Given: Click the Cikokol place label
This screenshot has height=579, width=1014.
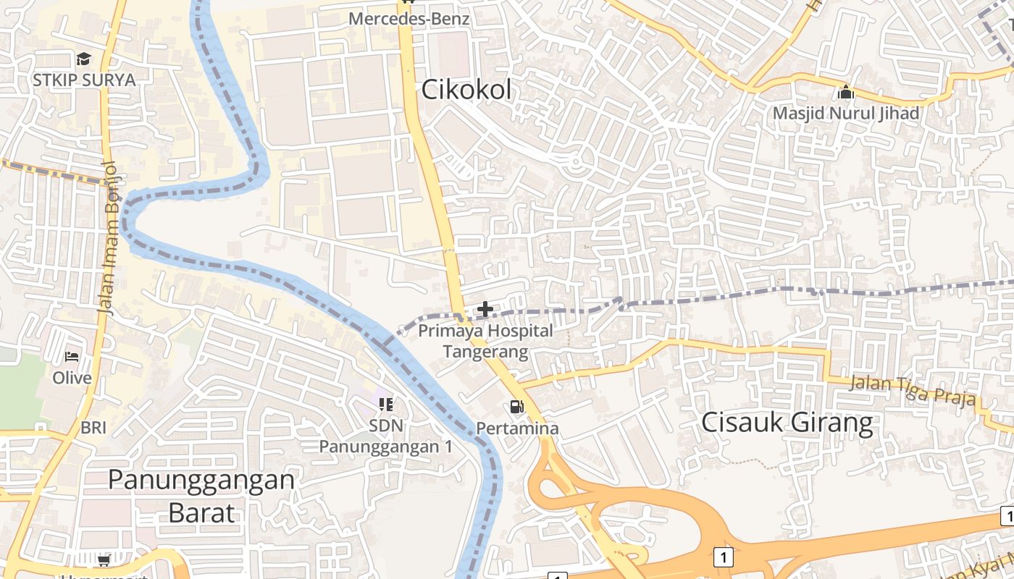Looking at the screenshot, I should (x=466, y=90).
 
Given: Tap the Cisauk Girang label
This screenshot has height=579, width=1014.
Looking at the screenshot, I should (x=787, y=422).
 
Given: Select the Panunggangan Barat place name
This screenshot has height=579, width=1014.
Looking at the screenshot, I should (x=201, y=496).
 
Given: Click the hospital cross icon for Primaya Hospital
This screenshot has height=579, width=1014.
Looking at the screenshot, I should (x=485, y=310).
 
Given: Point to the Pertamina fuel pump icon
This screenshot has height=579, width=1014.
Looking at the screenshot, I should (x=516, y=407).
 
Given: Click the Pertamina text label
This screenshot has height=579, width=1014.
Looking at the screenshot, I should (x=517, y=428).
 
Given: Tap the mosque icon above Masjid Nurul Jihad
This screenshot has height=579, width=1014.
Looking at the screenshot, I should (x=845, y=92).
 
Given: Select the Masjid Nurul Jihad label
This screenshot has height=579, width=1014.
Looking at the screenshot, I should (x=845, y=114).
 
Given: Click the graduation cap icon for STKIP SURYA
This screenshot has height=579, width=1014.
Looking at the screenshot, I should (x=84, y=59).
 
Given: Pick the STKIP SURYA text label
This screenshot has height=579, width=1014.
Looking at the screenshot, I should (x=84, y=80).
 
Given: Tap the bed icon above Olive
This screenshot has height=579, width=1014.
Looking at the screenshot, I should (x=72, y=356).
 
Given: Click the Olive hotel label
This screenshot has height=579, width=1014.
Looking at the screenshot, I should (x=72, y=378).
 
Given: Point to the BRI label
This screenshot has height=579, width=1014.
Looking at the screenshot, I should (x=93, y=428).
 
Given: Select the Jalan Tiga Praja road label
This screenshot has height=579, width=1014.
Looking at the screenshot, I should (x=913, y=391).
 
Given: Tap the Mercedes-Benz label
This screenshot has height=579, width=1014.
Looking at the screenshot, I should (x=409, y=19).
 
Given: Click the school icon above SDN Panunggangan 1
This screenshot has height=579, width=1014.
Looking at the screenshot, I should (x=385, y=404).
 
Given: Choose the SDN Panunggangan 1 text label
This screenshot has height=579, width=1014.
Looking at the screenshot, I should (x=386, y=436).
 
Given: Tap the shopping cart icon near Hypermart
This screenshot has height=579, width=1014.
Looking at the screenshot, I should (x=104, y=561).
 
